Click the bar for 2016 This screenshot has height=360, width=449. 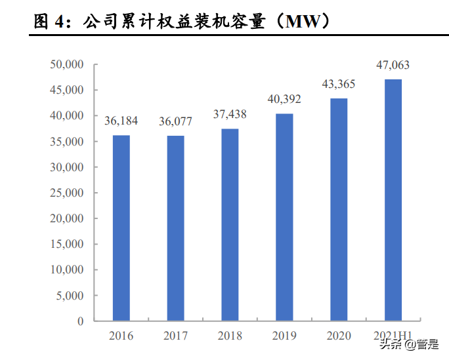tap(121, 228)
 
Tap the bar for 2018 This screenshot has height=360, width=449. tap(230, 225)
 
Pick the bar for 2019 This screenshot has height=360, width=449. tap(284, 217)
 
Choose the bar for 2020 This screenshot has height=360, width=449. tap(339, 210)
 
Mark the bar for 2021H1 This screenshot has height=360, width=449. tap(393, 200)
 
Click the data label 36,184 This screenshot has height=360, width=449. tap(121, 121)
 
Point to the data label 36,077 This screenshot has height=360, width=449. tap(175, 122)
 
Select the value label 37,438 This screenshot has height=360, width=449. tap(230, 115)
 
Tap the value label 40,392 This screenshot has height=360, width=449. tap(284, 100)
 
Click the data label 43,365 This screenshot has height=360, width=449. tap(339, 85)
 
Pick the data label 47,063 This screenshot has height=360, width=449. tap(393, 65)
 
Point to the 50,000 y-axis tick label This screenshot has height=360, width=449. tap(67, 64)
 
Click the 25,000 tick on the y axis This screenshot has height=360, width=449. tap(67, 193)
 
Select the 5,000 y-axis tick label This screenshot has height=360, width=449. tap(70, 296)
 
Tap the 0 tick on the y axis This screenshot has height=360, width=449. tap(81, 321)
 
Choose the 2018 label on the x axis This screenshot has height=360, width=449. tap(230, 336)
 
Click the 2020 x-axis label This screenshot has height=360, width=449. tap(339, 336)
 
